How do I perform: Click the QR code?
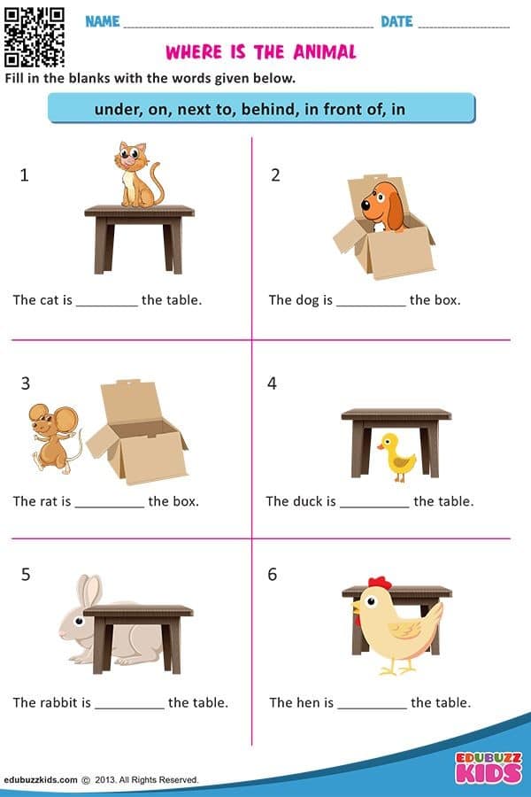coord(34,37)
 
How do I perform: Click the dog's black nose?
coord(366,205)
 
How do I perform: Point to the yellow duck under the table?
coord(396,457)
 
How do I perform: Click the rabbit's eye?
coord(80,621)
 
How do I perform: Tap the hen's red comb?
coord(380,583)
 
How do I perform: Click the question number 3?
coord(26,383)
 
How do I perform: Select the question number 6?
coord(273,575)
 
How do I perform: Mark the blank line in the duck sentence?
coord(374,507)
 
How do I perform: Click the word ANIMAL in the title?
coord(325,52)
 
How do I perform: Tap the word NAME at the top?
coord(103,21)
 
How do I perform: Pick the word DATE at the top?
coord(396,21)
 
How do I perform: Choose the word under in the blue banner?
coord(119,109)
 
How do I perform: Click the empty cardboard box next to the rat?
coord(137,432)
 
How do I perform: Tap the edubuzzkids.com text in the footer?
coord(41,779)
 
